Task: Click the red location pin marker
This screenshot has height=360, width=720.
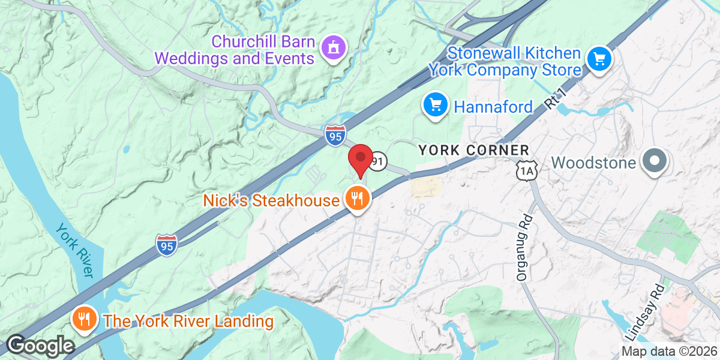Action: (x=360, y=159)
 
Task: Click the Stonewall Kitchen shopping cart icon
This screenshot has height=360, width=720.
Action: (x=599, y=59)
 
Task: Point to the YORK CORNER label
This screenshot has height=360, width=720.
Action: (x=474, y=149)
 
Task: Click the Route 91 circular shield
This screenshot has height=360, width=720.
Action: (x=377, y=161)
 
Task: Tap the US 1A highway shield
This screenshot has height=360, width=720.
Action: (x=526, y=172)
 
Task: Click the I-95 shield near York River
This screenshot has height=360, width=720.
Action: (x=167, y=245)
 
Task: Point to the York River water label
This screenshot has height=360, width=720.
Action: (x=76, y=250)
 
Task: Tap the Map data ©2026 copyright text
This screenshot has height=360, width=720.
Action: (x=668, y=352)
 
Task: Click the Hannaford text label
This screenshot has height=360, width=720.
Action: (x=493, y=107)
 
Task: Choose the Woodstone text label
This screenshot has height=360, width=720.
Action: (x=594, y=162)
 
